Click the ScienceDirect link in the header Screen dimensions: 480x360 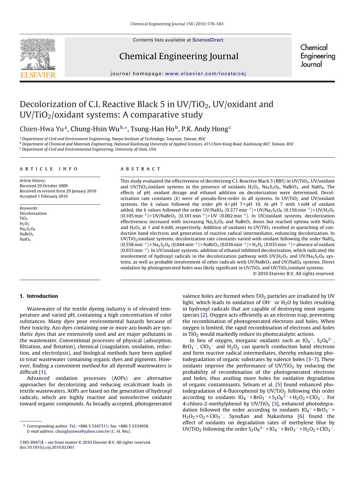point(208,40)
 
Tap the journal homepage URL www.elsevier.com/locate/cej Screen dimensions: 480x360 point(205,74)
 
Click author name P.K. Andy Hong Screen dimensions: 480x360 point(205,129)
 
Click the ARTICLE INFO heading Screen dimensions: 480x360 point(49,169)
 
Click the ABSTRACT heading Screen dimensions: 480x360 point(140,169)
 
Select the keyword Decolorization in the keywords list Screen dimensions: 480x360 point(33,213)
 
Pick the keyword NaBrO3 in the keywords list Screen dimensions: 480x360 point(26,234)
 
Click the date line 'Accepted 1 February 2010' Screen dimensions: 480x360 point(44,196)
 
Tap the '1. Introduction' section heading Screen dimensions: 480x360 point(39,296)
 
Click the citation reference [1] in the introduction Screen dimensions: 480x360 point(42,372)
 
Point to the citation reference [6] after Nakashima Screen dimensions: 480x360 point(301,416)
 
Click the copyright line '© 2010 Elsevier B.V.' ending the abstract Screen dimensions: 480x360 point(294,273)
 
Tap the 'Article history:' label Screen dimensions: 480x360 point(32,181)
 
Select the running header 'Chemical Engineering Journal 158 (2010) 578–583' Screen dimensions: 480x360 point(177,24)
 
